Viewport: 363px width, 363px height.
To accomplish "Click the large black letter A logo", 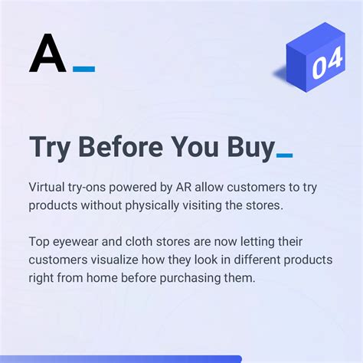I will tap(47, 54).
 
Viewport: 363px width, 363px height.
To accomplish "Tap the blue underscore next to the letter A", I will tap(84, 69).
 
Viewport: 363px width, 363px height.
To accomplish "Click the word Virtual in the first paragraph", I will tap(47, 188).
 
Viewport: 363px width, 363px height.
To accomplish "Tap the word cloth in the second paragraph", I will tap(141, 242).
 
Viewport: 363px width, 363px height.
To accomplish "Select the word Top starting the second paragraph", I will tap(39, 242).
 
